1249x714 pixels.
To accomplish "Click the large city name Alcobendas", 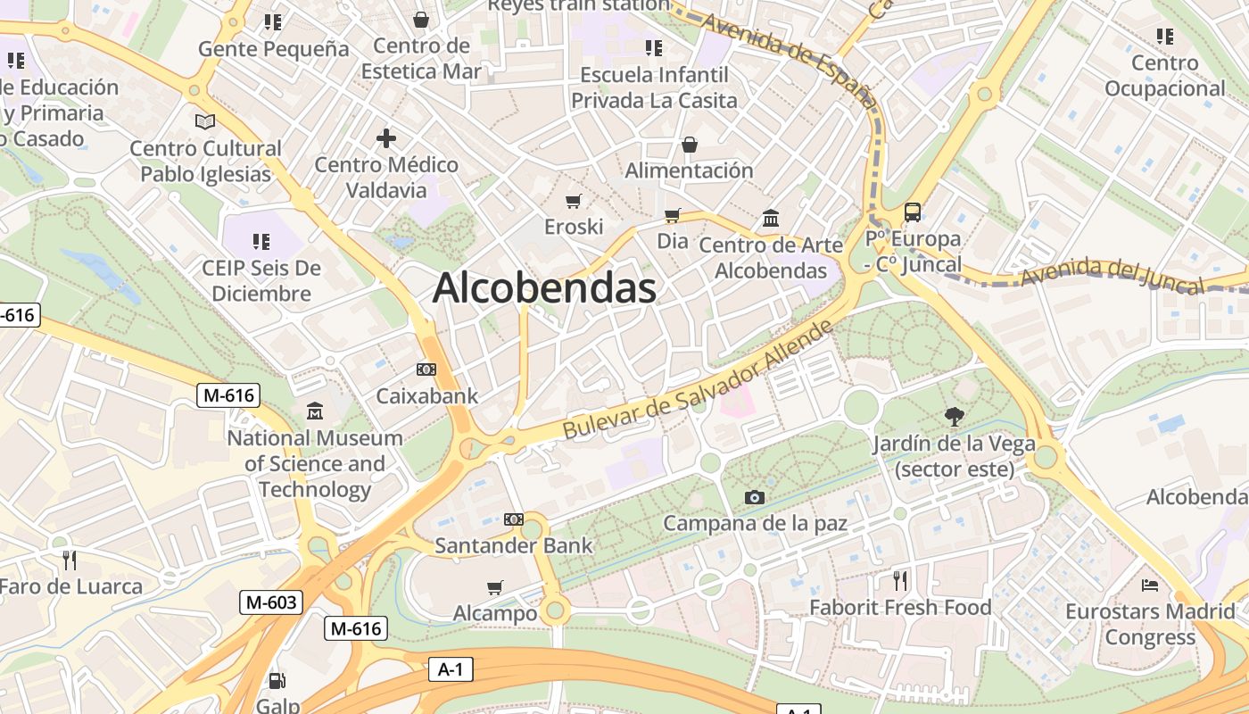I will pos(544,288).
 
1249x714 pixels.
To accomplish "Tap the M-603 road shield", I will pos(270,602).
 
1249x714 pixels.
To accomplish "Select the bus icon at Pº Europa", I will pos(912,212).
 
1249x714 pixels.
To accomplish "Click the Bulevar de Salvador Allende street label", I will pos(699,380).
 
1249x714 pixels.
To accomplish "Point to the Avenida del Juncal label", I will pos(1112,274).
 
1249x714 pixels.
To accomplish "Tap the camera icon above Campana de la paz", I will pos(755,497).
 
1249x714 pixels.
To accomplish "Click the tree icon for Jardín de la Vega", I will pos(954,416).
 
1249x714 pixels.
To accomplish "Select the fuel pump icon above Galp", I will pos(277,681).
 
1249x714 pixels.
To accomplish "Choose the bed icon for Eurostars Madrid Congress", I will pos(1150,585).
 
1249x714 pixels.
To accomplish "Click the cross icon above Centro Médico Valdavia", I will pos(386,138).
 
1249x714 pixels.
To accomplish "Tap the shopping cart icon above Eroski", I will pos(574,201).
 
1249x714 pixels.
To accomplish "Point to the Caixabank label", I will pos(427,395).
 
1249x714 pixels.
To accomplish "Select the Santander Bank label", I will pos(513,544).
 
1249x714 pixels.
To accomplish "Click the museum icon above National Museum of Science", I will pos(314,411).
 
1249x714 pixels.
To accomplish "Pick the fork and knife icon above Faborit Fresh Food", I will pos(900,581).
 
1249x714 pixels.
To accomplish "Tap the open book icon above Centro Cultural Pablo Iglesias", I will pos(205,121).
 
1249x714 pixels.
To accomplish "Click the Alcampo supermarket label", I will pos(495,613).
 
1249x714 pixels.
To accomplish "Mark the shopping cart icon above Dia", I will pos(672,215).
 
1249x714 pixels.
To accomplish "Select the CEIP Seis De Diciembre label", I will pos(261,280).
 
